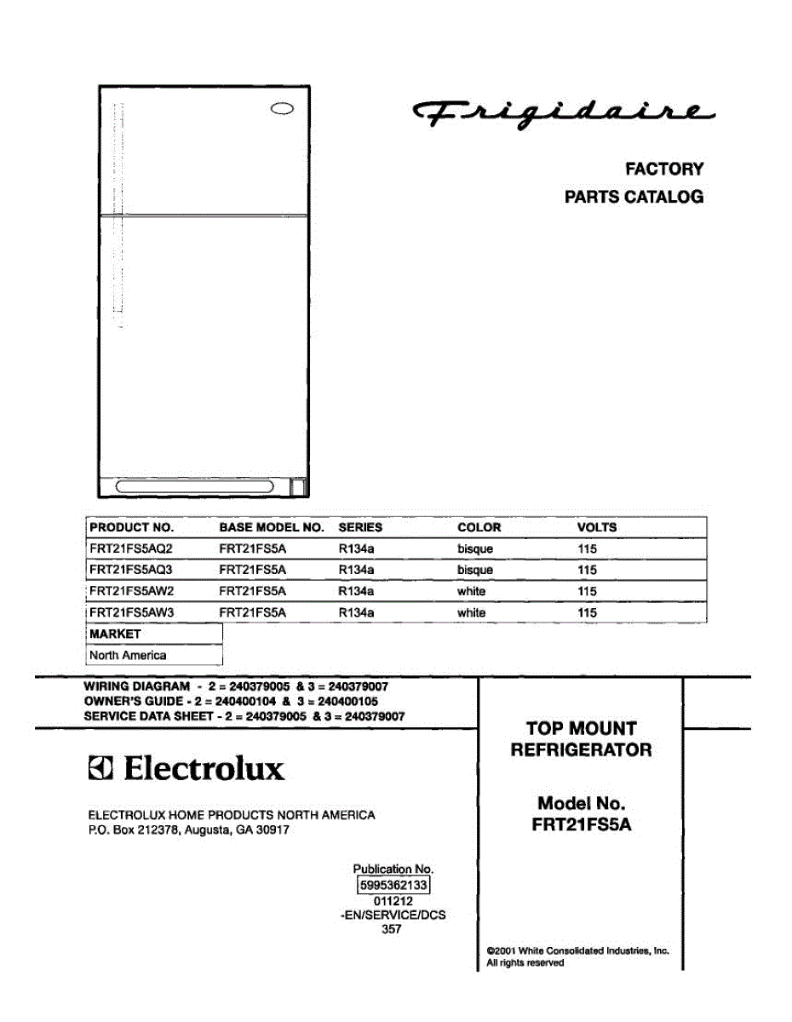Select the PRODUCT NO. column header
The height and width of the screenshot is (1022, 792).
[131, 527]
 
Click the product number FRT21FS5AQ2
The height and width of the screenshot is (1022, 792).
[130, 549]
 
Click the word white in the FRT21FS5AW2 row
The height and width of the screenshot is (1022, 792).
[471, 591]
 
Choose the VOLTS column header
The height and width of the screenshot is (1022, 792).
[596, 527]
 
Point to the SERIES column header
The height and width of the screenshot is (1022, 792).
[360, 527]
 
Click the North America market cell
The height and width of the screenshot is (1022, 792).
[128, 655]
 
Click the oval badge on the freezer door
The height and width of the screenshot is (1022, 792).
[282, 109]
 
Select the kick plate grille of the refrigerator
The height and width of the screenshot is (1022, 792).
[195, 487]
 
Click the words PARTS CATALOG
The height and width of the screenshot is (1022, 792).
[634, 197]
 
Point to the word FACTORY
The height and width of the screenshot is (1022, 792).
[664, 169]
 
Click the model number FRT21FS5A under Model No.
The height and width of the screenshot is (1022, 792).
[582, 824]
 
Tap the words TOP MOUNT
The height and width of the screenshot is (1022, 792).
[581, 729]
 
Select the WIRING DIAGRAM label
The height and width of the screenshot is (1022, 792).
[136, 686]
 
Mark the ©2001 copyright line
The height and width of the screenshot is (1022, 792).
[577, 950]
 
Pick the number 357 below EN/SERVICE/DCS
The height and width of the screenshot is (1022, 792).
[392, 929]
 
